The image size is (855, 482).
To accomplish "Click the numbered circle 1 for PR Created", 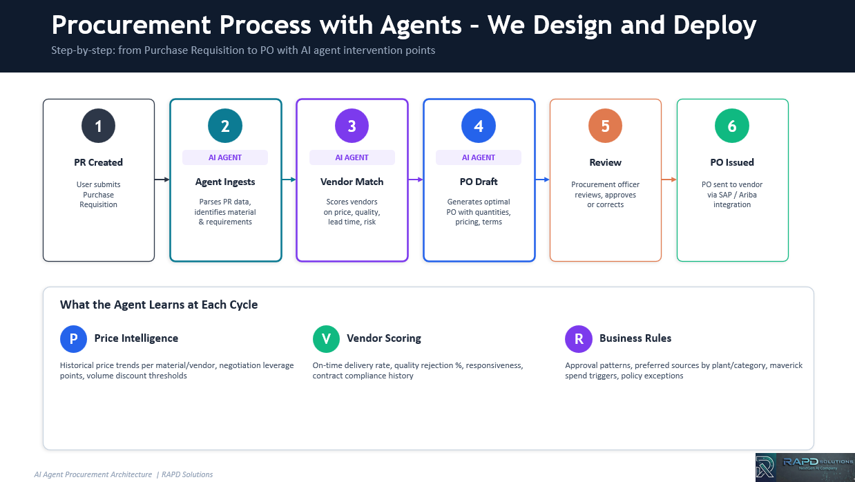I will tap(98, 126).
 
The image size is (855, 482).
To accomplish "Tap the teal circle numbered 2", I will tap(225, 126).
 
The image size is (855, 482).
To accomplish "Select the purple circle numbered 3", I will tap(352, 126).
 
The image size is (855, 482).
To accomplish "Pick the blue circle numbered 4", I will tap(479, 126).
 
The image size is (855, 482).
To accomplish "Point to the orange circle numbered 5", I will tap(605, 126).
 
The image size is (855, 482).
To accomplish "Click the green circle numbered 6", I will tap(732, 126).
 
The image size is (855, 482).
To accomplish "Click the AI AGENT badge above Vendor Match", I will tap(352, 157).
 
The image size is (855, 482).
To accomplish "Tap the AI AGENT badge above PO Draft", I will tap(479, 157).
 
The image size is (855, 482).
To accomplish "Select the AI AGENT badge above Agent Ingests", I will tap(225, 157).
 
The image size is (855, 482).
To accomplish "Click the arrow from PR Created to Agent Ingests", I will tap(162, 180).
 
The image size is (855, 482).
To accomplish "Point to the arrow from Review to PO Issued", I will tap(669, 180).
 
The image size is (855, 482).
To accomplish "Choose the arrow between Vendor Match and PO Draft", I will tap(416, 180).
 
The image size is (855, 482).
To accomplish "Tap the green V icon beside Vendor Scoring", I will tap(326, 338).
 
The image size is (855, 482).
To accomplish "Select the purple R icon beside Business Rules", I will tap(578, 338).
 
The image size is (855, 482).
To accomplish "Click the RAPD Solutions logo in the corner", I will tap(805, 467).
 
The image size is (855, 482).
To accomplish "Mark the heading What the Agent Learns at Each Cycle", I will tap(159, 305).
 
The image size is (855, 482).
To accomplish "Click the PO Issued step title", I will tap(732, 162).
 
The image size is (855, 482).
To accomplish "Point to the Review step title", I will tap(605, 162).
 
